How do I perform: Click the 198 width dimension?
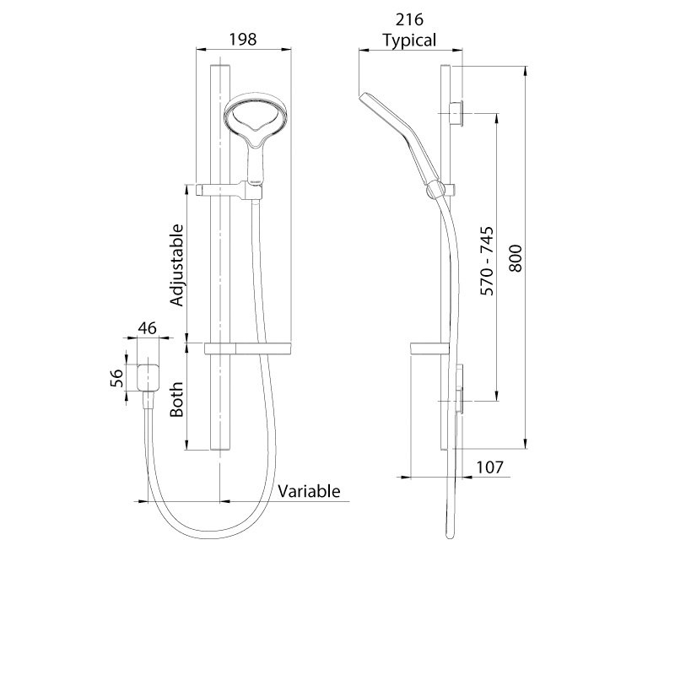click(x=242, y=39)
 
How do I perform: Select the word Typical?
click(x=409, y=40)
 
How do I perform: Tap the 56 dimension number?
click(x=120, y=377)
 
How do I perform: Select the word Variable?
click(x=309, y=490)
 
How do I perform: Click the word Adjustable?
click(x=177, y=265)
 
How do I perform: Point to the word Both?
click(x=177, y=399)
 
